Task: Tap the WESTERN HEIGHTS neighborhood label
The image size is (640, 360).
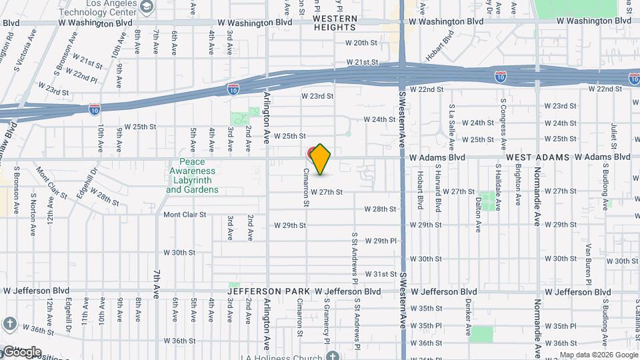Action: pyautogui.click(x=335, y=23)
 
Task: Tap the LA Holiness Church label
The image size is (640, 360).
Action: pyautogui.click(x=293, y=355)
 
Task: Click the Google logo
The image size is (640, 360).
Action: pyautogui.click(x=21, y=352)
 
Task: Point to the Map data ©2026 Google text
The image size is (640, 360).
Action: pyautogui.click(x=598, y=355)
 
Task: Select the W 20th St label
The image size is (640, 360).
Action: pyautogui.click(x=361, y=43)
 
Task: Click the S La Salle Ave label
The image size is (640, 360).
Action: pyautogui.click(x=452, y=125)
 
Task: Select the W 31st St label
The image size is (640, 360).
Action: pyautogui.click(x=381, y=274)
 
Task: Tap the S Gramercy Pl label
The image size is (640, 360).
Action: pyautogui.click(x=327, y=319)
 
